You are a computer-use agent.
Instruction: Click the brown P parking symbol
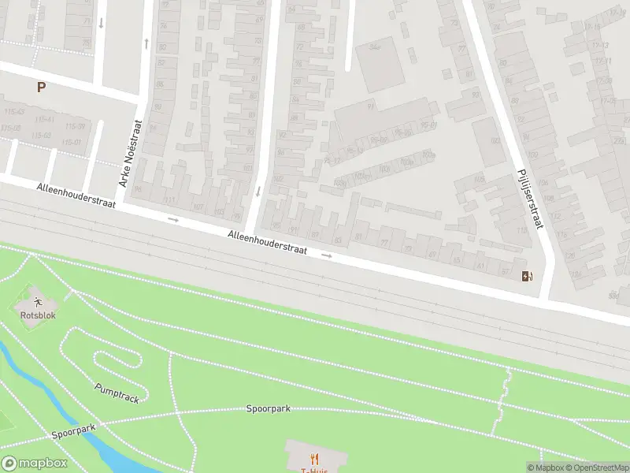[x=40, y=88]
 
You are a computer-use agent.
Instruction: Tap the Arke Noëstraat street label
[x=129, y=153]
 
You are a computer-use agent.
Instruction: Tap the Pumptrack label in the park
[x=117, y=393]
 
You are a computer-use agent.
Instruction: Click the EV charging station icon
[x=526, y=276]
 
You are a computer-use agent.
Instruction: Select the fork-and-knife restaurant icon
[x=315, y=458]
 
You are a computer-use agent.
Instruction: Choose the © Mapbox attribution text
[x=545, y=468]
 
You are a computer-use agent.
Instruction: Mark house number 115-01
[x=72, y=142]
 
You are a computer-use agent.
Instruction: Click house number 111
[x=168, y=201]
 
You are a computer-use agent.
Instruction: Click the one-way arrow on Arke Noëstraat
[x=146, y=43]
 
